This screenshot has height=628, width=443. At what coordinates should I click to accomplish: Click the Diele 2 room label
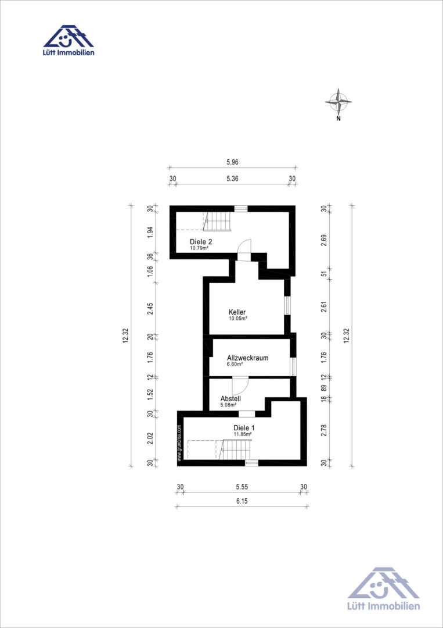[201, 242]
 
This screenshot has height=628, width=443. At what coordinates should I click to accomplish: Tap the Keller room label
[237, 312]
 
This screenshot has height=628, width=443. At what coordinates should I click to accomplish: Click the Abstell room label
[230, 399]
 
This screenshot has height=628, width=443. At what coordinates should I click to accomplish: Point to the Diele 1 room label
[244, 427]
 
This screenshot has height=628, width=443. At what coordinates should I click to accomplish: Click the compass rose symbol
[338, 101]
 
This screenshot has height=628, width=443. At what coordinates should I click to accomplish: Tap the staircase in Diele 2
[217, 221]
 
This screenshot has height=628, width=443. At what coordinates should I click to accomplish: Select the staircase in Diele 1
[236, 449]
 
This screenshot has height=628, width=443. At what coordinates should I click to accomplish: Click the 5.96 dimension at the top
[232, 162]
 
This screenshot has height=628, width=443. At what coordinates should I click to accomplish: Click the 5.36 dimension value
[232, 179]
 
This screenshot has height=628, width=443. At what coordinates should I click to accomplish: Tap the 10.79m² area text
[200, 248]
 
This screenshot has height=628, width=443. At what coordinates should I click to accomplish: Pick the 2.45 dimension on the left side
[150, 309]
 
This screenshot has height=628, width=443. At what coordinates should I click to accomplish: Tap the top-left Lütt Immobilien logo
[69, 41]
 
